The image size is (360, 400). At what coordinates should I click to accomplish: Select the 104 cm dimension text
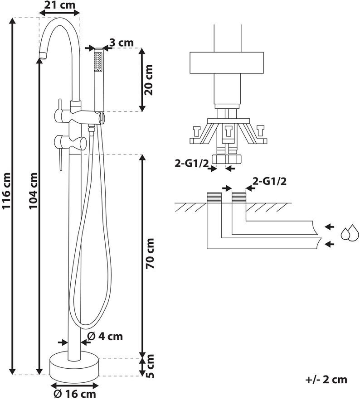[33, 191]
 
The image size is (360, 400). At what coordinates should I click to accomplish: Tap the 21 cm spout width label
[60, 5]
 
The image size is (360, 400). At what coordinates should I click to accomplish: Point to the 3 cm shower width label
[121, 43]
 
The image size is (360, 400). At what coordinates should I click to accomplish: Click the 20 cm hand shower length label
[148, 80]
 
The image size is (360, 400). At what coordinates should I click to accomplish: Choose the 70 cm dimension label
[150, 253]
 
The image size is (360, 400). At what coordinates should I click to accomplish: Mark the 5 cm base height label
[150, 366]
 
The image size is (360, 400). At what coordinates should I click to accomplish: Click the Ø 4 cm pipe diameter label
[105, 337]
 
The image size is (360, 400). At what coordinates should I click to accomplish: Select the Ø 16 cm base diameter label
[75, 394]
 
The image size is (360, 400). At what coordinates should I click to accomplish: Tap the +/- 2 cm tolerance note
[326, 380]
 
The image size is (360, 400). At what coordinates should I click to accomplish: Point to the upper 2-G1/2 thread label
[191, 163]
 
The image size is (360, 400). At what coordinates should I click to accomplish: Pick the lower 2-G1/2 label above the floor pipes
[269, 181]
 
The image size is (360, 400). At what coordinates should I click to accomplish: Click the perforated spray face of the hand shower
[98, 62]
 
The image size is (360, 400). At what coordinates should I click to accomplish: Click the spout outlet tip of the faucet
[43, 55]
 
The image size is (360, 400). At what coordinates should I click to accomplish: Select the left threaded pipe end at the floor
[214, 198]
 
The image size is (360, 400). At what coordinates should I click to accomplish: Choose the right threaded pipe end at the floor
[239, 198]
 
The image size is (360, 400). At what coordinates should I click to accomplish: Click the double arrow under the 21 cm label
[60, 13]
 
